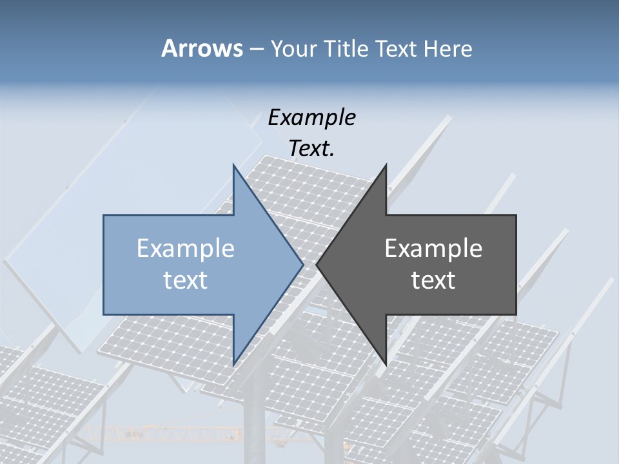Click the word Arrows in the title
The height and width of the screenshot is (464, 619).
(201, 48)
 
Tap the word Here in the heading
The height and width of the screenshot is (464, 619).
(447, 48)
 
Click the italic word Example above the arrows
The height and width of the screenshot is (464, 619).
(311, 117)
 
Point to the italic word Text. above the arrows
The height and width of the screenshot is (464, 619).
(311, 148)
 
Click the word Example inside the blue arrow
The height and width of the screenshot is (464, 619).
(186, 248)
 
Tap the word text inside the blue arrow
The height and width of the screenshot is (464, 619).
(186, 280)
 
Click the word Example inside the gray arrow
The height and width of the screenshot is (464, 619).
(433, 248)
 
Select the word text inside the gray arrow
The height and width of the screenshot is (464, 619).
(433, 280)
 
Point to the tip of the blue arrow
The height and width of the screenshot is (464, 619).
(303, 264)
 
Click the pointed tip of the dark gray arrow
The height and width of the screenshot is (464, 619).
(317, 264)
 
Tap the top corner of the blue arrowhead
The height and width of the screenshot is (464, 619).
(233, 164)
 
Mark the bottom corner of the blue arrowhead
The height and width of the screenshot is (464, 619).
(233, 365)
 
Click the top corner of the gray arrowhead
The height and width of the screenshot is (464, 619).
(386, 164)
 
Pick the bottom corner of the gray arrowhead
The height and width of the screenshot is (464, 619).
(386, 365)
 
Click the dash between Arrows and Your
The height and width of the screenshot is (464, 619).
(256, 49)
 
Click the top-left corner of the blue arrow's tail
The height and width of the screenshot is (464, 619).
(104, 215)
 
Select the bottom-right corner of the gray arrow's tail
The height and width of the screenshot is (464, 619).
(516, 314)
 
